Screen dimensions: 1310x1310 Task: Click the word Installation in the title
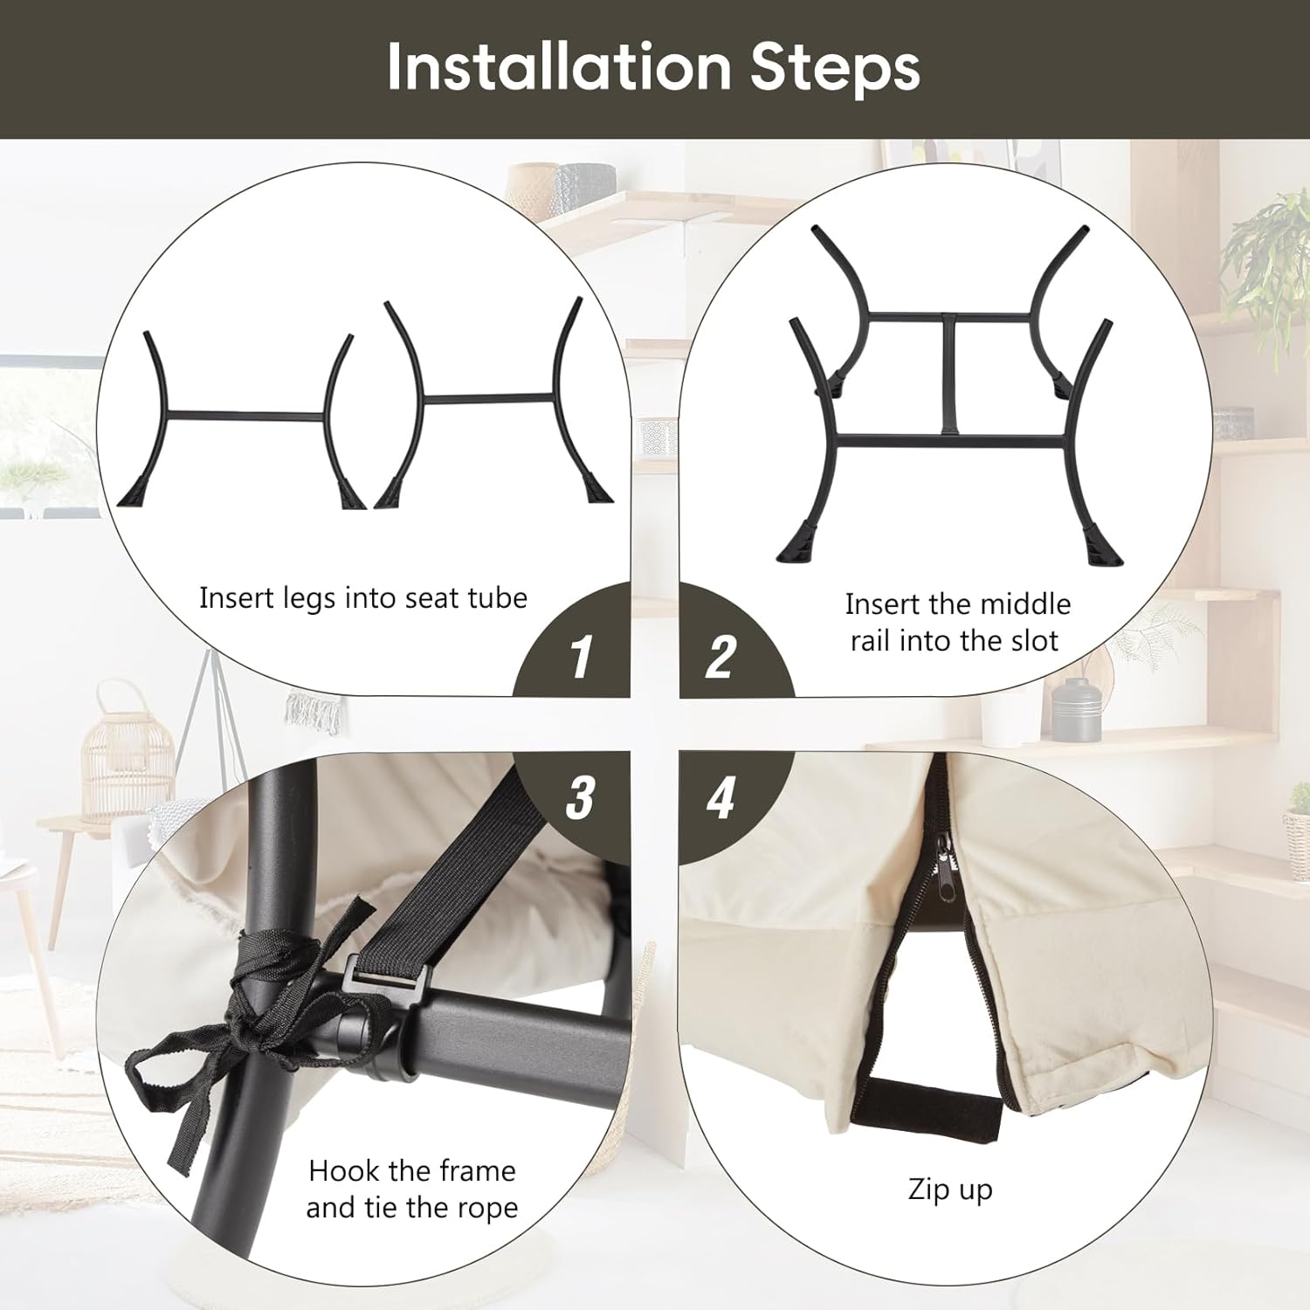click(x=559, y=66)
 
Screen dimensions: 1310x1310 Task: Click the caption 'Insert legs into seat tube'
click(x=363, y=598)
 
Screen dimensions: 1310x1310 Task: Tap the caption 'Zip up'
click(x=950, y=1190)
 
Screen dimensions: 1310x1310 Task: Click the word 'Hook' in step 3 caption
click(x=346, y=1170)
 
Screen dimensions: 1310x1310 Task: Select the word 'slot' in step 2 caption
click(x=1035, y=640)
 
